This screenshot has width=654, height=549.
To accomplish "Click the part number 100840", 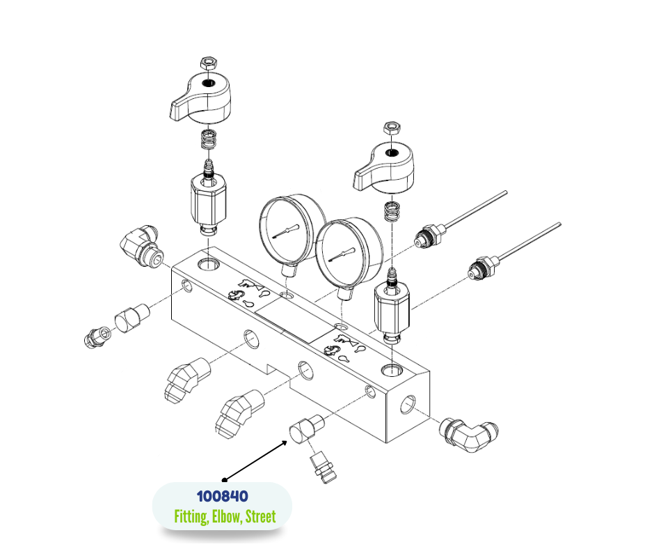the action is coord(223,496).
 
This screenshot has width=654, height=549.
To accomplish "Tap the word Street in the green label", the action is coord(260,516).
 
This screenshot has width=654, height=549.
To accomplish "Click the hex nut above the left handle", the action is coord(209,63).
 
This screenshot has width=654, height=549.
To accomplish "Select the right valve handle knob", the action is coord(384,167).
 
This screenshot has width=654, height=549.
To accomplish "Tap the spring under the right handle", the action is coord(392,212).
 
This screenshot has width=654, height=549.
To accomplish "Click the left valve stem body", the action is coord(209,201).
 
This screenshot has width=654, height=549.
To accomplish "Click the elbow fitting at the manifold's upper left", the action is coord(142,247).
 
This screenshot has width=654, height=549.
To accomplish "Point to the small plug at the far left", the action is coord(97,337).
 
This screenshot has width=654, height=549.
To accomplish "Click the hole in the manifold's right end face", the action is coord(408,405).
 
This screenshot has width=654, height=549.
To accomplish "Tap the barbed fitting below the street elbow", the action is coord(324,469).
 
